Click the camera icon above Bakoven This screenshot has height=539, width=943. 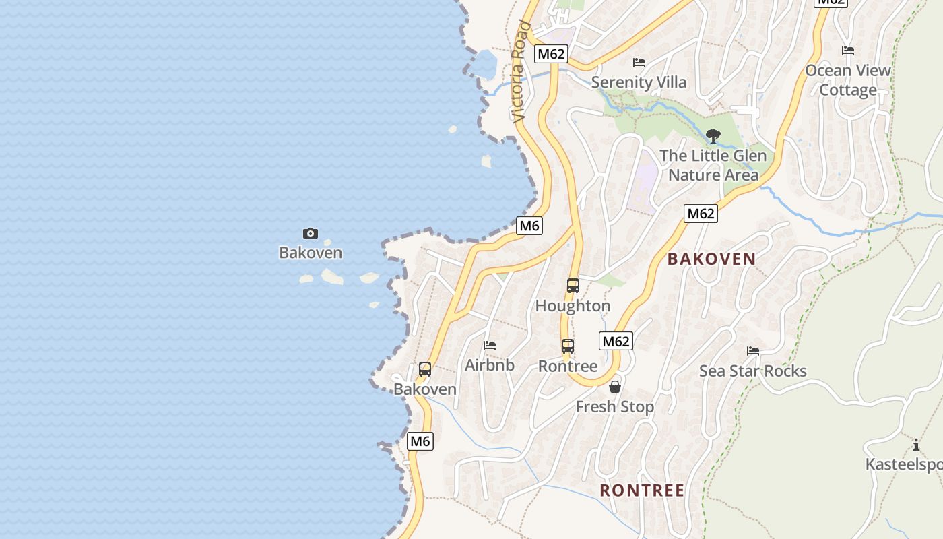coord(310,234)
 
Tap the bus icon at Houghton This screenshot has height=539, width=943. coord(573,286)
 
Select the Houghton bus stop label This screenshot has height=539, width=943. coord(573,306)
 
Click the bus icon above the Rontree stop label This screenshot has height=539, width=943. coord(568,346)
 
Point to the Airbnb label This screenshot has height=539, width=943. coord(490,365)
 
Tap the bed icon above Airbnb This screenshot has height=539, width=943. coord(490,346)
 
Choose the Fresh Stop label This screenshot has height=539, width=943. coord(614,407)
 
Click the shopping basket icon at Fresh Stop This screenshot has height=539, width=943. coord(614,387)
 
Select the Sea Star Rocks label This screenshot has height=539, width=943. coord(752,371)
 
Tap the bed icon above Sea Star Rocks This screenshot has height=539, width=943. coord(752,351)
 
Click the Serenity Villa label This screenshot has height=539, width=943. coord(639,83)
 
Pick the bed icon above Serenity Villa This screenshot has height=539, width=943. coord(639,63)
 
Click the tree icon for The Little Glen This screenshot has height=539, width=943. coord(713,136)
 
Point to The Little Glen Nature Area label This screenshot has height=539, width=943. coord(713,165)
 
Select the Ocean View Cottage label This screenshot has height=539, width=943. coord(848,80)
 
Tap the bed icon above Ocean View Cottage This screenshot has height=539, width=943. coord(848,51)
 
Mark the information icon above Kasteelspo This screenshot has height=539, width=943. coord(916,445)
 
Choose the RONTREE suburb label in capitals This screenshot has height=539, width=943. coord(642,490)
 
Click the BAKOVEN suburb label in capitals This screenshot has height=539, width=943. coord(711,259)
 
